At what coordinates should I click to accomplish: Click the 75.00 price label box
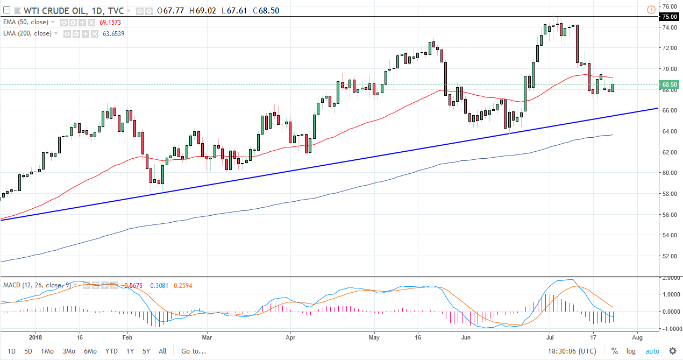pos(670,17)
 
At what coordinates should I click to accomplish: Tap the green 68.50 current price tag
pos(670,84)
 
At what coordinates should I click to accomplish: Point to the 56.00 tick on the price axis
pos(669,214)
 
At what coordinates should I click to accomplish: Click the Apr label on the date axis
pos(290,337)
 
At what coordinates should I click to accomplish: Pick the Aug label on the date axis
pos(636,337)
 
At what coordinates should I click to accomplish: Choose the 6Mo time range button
pos(89,351)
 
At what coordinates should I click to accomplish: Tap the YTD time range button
pos(111,351)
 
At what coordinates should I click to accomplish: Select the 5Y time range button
pos(146,351)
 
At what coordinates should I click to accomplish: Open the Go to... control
pos(194,351)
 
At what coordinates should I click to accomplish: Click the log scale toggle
pos(631,351)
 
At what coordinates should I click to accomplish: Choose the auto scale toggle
pos(652,351)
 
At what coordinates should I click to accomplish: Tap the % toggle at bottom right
pos(614,351)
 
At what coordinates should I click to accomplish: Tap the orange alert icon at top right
pos(651,9)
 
